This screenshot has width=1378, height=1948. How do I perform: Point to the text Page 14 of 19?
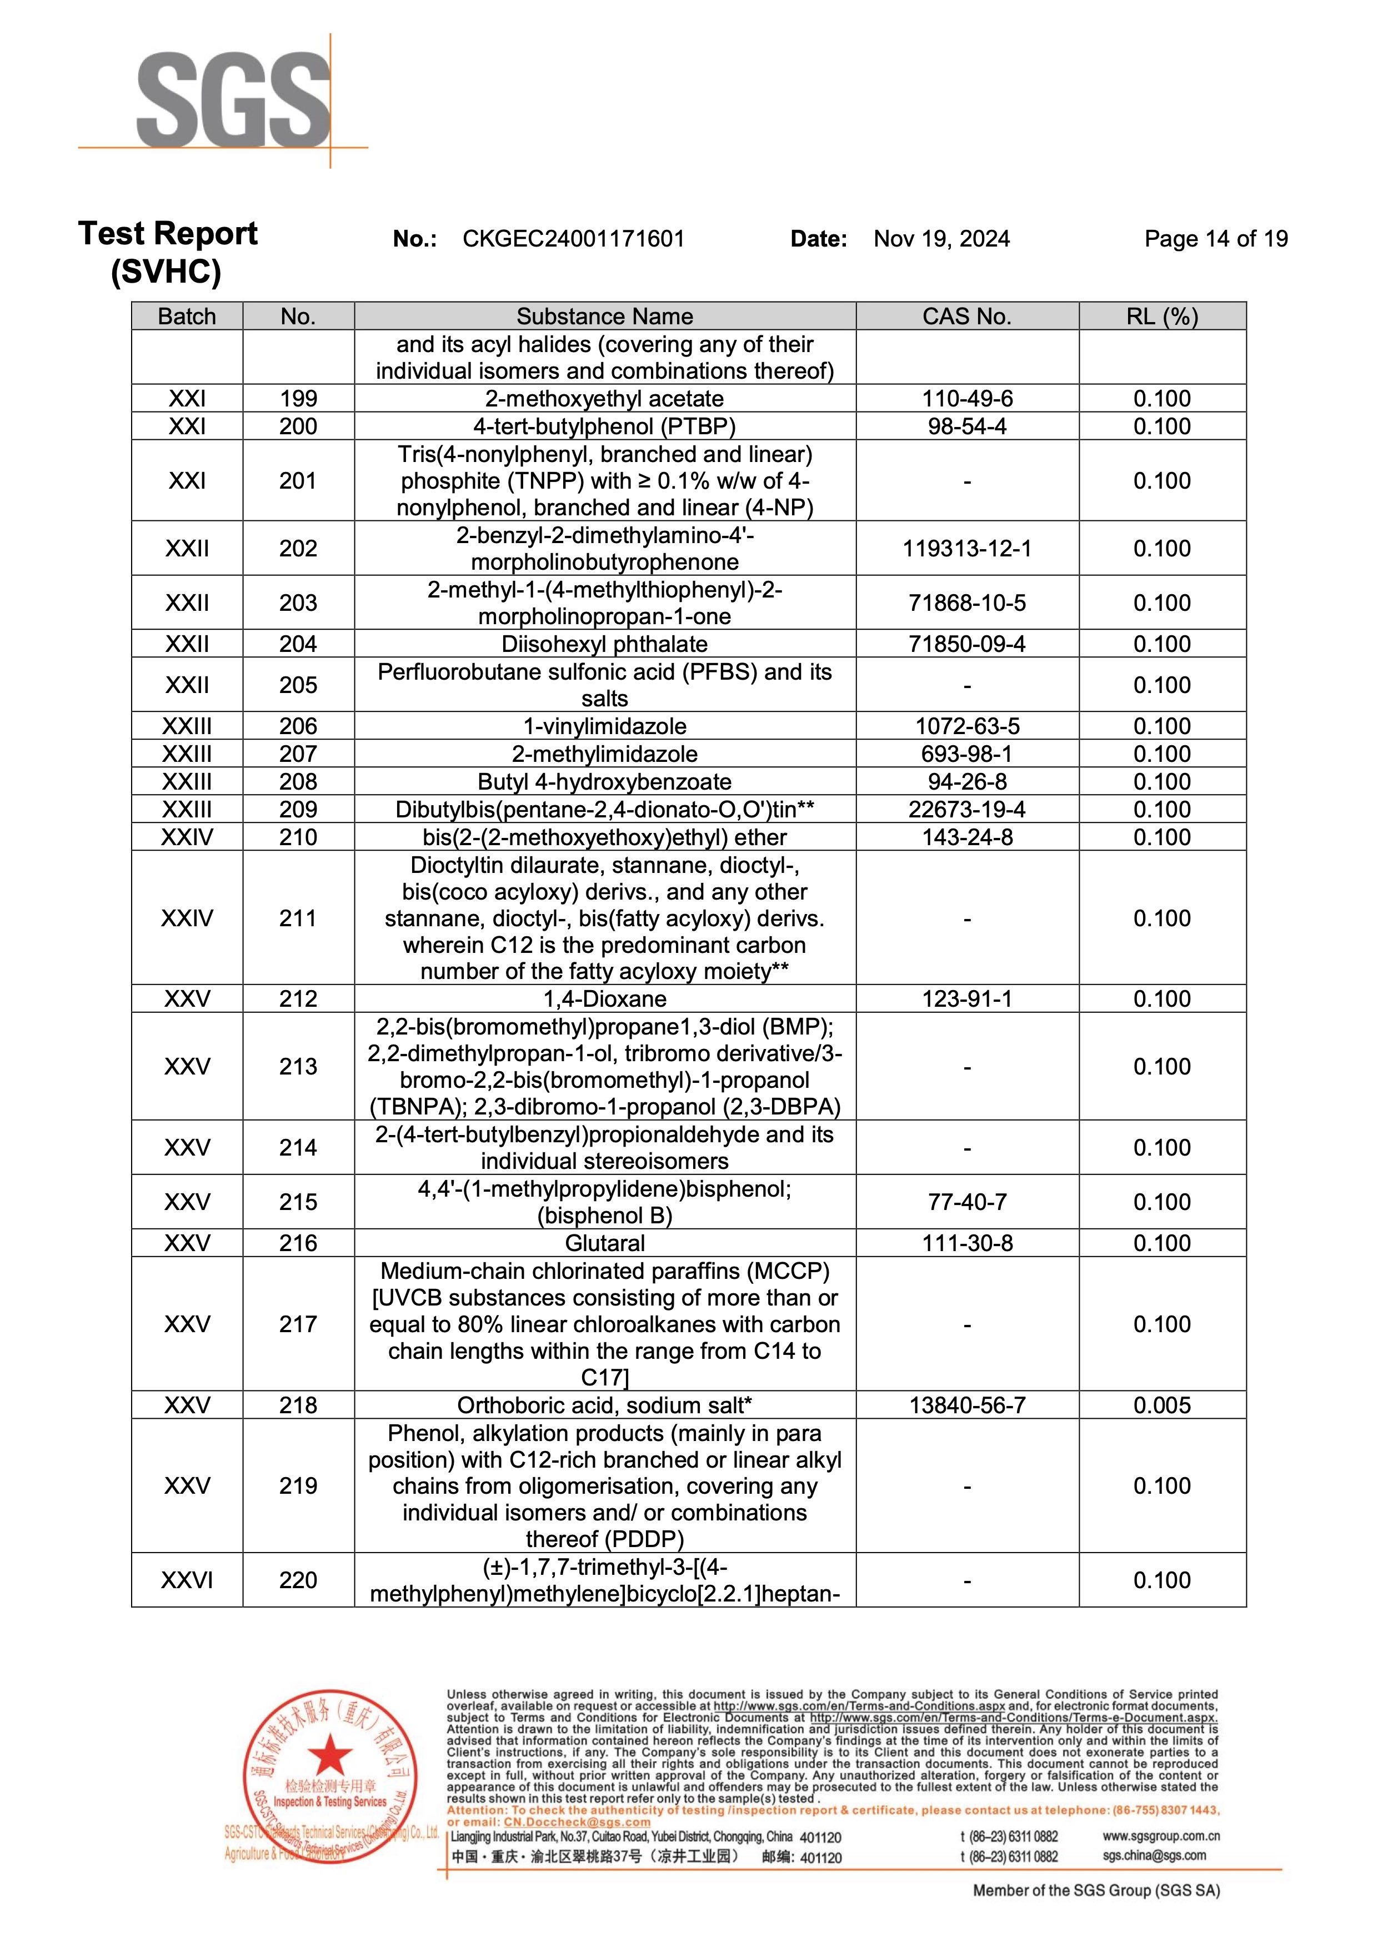[1215, 239]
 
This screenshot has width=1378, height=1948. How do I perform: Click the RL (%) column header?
[1161, 317]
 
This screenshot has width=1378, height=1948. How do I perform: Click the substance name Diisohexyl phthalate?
[604, 644]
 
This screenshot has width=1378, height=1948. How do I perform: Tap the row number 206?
[298, 726]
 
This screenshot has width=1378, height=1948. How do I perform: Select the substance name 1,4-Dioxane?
[604, 998]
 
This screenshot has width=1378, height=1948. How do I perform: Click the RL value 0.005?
[1161, 1405]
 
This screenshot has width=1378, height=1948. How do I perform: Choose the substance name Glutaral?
[604, 1243]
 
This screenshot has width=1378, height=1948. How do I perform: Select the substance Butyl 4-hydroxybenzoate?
[604, 781]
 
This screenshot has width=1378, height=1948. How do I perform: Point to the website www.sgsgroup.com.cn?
[1161, 1836]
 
